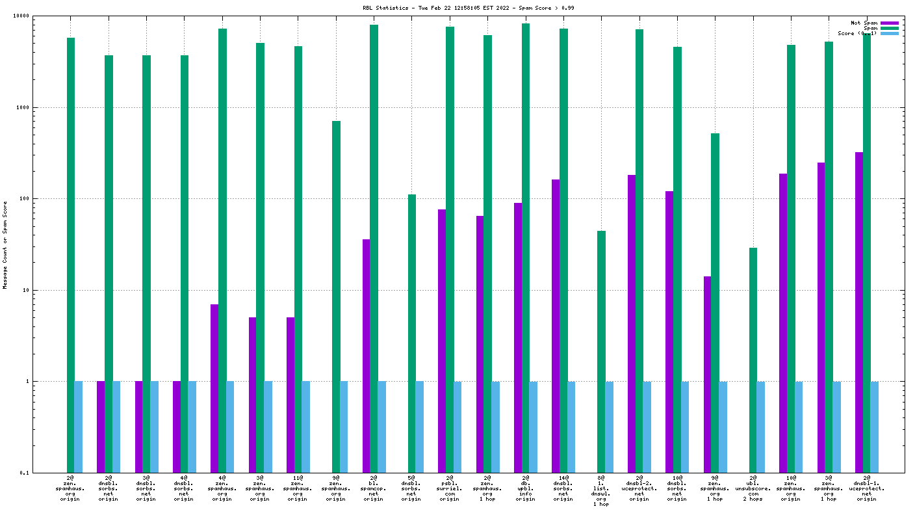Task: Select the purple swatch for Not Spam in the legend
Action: (890, 23)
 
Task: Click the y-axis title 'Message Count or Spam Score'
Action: (5, 244)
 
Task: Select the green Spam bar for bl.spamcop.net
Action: (374, 247)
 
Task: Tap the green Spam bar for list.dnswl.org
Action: (601, 351)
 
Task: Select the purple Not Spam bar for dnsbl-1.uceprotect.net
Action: (859, 312)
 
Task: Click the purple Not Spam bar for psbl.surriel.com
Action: (442, 341)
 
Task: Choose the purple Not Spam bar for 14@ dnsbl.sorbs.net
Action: (556, 326)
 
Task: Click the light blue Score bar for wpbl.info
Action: (533, 427)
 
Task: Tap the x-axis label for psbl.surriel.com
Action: (450, 488)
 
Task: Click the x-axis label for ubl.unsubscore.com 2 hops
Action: (753, 488)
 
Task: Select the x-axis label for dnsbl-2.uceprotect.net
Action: (639, 488)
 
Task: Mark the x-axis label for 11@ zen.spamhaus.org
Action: (298, 488)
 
